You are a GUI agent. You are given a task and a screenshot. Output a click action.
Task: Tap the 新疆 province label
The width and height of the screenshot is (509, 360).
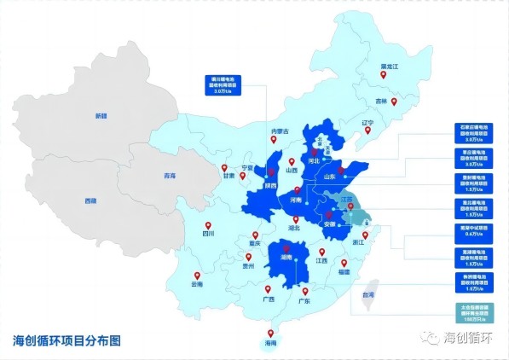click(x=101, y=115)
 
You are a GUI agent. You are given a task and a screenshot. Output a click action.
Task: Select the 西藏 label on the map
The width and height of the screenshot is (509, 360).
click(x=90, y=200)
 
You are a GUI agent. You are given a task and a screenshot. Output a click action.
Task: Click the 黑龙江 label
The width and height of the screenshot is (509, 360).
click(x=390, y=66)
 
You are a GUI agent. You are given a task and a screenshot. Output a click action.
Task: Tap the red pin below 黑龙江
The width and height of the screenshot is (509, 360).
click(x=383, y=77)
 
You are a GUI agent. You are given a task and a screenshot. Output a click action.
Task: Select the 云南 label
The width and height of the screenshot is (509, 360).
click(x=198, y=284)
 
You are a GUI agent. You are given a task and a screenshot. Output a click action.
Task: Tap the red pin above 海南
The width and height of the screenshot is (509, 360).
click(x=271, y=334)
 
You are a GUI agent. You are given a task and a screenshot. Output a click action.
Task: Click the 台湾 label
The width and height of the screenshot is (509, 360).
click(x=369, y=293)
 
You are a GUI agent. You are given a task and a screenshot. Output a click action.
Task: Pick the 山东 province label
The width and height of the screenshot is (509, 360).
click(x=330, y=177)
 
